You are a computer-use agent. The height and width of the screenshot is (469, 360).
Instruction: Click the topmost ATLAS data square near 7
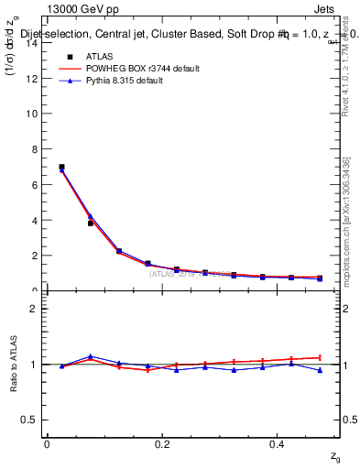point(61,168)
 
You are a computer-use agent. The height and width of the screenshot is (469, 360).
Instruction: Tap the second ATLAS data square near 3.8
point(90,223)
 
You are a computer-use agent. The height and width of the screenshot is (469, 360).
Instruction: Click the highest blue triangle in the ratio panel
point(90,356)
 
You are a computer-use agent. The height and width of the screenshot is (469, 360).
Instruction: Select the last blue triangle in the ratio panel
point(320,370)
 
